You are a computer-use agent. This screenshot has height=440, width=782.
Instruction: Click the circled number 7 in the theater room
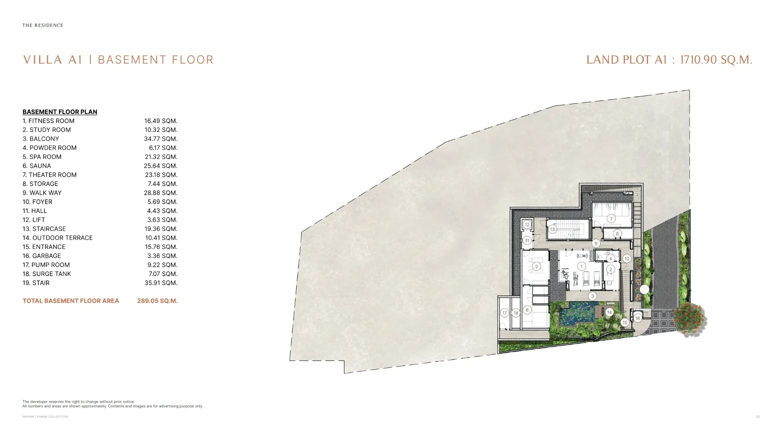pos(611,219)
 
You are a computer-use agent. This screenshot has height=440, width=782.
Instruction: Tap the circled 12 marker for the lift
pos(527,224)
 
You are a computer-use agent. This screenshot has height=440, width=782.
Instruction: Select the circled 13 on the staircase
pos(552,229)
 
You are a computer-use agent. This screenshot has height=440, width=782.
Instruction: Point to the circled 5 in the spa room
pos(536,266)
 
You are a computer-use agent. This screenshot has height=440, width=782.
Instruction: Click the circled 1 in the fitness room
pos(582,266)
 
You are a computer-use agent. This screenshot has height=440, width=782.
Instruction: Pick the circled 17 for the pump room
pos(505,313)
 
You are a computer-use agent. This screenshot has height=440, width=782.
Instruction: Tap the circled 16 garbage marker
pos(638,318)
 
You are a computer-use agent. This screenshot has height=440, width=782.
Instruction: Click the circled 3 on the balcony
pos(593,296)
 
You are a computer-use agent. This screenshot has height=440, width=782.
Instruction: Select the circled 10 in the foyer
pos(627,259)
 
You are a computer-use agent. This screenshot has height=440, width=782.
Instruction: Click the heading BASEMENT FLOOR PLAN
pos(60,112)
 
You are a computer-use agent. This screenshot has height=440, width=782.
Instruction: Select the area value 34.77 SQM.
pos(161,139)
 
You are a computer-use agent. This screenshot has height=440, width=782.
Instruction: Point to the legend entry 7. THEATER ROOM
pos(50,175)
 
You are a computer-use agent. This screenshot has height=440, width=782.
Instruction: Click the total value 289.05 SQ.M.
pos(157,301)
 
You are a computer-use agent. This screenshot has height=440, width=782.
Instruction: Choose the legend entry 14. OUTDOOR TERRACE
pos(58,238)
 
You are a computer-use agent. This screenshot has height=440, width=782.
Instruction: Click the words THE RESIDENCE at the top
pos(43,25)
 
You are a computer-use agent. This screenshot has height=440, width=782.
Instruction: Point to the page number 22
pos(758,416)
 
